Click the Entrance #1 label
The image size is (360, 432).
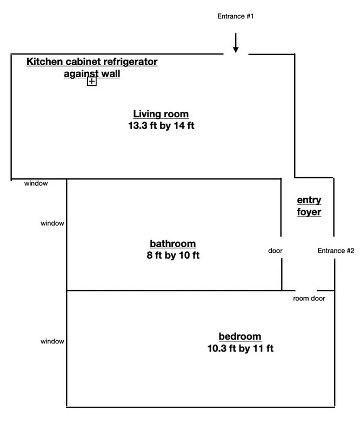click(235, 16)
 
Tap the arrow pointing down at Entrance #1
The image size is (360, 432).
click(236, 43)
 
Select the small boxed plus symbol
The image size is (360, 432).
click(92, 82)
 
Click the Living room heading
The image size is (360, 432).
click(161, 114)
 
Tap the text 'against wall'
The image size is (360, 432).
click(92, 73)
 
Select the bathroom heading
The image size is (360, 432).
click(172, 244)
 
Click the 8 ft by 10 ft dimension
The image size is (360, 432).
click(172, 255)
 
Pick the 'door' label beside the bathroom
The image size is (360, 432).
click(275, 251)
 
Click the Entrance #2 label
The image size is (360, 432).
click(336, 251)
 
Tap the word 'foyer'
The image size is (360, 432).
click(309, 212)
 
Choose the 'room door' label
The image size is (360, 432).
click(310, 298)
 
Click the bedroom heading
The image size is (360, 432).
click(240, 336)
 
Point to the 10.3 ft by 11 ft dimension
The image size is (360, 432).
click(240, 348)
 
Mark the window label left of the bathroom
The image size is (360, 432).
click(52, 223)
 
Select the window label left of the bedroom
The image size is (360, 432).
click(52, 341)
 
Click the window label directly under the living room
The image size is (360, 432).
click(36, 184)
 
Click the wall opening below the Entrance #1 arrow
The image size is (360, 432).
click(236, 54)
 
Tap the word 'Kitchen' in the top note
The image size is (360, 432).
click(44, 62)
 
